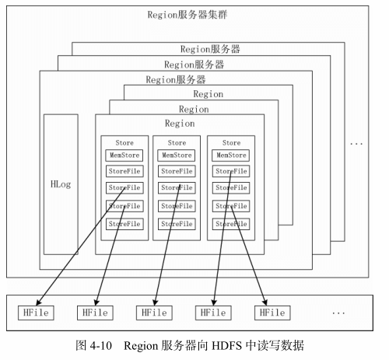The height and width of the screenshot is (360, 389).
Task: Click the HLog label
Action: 61,184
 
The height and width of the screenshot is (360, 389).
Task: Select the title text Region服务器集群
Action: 187,15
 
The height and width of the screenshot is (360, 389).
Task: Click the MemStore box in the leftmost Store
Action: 124,156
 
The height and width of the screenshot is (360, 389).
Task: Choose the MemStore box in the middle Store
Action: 177,156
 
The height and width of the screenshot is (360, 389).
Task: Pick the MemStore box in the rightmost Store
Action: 231,156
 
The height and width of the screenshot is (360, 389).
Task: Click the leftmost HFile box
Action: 36,313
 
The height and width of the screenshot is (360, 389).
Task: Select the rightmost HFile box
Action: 272,313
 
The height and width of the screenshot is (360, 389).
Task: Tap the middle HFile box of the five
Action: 154,313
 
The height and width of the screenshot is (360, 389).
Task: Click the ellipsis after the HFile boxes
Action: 338,313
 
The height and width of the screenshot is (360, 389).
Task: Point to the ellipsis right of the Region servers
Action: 356,144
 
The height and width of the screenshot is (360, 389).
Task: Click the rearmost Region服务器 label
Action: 210,49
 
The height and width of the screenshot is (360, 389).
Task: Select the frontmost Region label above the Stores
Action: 180,124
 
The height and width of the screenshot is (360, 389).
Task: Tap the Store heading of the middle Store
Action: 177,142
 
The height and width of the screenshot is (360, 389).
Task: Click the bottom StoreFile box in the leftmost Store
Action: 124,224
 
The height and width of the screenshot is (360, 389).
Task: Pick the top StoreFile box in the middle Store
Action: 177,171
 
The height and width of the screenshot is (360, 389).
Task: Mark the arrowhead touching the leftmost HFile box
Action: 38,302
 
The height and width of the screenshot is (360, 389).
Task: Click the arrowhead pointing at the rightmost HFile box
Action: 265,302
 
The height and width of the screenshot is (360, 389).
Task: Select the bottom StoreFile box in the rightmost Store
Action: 231,224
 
